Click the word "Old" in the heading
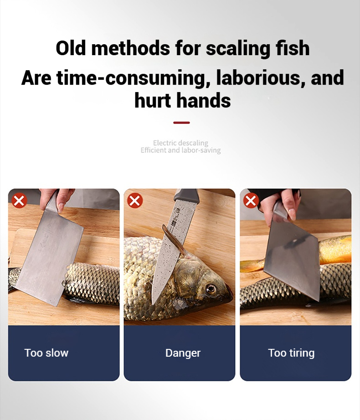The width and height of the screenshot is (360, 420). pos(71,48)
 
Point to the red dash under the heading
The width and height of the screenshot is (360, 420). pos(182,123)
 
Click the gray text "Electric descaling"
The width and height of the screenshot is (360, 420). pos(180,143)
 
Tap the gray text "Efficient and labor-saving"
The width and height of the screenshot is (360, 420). pos(181,150)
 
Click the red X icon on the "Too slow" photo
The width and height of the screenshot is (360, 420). pos(19,200)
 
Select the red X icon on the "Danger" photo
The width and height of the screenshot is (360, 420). pos(135,200)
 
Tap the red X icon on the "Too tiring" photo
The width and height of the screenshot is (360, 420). pos(251,201)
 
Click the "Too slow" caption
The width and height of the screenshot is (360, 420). pos(46,353)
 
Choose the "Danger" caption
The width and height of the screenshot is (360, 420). pos(183,353)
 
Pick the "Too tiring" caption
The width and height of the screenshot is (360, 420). pos(291,353)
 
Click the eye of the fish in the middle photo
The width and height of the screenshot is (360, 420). pos(211,289)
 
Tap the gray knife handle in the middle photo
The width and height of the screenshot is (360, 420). pos(187,195)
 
